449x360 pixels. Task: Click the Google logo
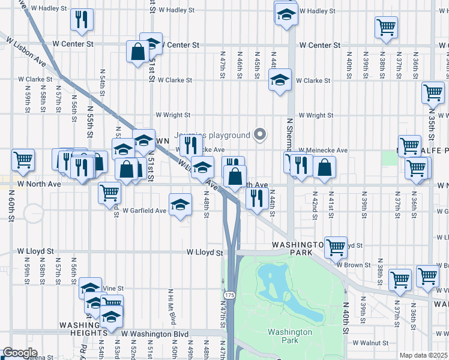click(x=20, y=353)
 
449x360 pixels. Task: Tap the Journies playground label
click(x=211, y=135)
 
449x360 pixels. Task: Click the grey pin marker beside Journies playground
click(x=260, y=135)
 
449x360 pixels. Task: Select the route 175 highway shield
click(x=230, y=296)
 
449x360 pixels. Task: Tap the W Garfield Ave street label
click(x=144, y=211)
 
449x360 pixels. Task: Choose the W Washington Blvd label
click(x=155, y=334)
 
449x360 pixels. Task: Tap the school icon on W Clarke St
click(x=280, y=79)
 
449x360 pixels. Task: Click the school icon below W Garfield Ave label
click(x=180, y=205)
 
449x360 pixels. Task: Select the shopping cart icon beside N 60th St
click(x=23, y=160)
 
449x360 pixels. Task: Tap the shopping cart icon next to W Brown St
click(x=336, y=245)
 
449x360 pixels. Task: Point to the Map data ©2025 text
click(x=424, y=355)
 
